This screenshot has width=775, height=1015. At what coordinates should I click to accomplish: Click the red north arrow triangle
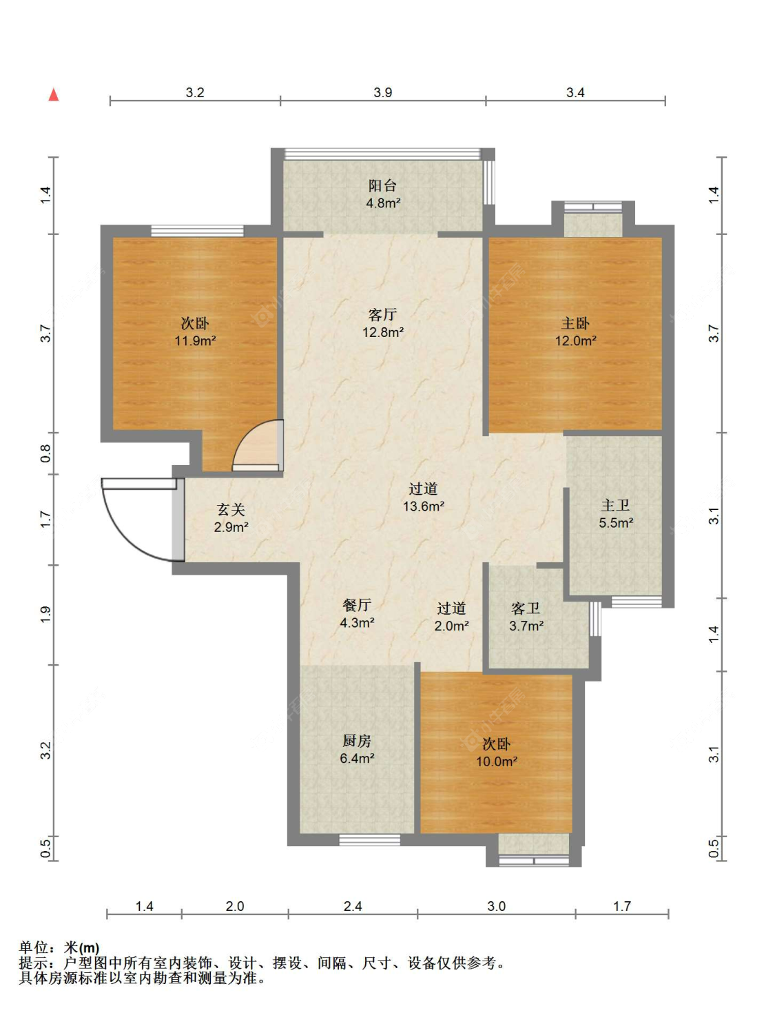pyautogui.click(x=54, y=95)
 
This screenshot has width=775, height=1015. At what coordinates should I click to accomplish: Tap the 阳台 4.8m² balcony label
pyautogui.click(x=382, y=194)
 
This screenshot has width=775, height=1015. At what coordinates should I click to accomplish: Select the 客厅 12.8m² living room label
pyautogui.click(x=382, y=323)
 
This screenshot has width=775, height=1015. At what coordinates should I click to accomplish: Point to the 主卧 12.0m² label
pyautogui.click(x=575, y=331)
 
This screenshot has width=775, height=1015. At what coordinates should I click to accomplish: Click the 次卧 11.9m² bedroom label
pyautogui.click(x=195, y=331)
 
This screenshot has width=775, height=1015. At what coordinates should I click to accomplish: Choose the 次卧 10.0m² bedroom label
pyautogui.click(x=497, y=752)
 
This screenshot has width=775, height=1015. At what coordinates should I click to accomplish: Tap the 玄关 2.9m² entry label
pyautogui.click(x=231, y=518)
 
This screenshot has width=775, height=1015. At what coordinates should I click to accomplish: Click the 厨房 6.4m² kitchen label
pyautogui.click(x=357, y=750)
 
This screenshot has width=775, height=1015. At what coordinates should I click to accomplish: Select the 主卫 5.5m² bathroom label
pyautogui.click(x=616, y=514)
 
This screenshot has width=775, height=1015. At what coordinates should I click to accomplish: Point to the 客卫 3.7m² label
pyautogui.click(x=526, y=617)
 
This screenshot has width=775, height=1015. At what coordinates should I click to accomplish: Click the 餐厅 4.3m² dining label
pyautogui.click(x=357, y=614)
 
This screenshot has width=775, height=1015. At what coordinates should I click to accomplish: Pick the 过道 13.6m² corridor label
pyautogui.click(x=423, y=498)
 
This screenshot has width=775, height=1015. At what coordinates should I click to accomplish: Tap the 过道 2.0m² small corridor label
pyautogui.click(x=451, y=617)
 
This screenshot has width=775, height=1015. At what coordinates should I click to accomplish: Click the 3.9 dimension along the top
pyautogui.click(x=382, y=92)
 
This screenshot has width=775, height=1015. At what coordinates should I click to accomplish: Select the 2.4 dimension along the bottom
pyautogui.click(x=353, y=905)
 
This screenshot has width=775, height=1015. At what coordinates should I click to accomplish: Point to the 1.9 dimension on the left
pyautogui.click(x=45, y=614)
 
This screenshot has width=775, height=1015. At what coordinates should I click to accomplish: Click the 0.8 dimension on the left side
pyautogui.click(x=45, y=453)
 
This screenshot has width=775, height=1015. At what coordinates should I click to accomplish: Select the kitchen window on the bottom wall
pyautogui.click(x=369, y=840)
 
